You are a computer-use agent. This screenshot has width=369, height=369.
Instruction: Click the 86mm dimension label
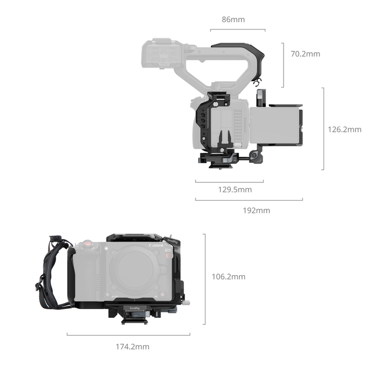(233, 20)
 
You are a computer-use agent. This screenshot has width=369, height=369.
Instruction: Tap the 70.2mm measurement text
(305, 53)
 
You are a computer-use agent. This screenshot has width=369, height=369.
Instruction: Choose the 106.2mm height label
(228, 276)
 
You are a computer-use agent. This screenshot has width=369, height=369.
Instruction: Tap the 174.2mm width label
(132, 346)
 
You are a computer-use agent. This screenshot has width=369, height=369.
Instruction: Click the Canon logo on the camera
(156, 246)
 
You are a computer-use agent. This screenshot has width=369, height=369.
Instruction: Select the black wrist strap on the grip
(50, 274)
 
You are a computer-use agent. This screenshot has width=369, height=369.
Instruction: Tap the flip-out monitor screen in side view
(274, 127)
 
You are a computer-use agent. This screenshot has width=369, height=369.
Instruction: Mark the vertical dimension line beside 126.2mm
(323, 129)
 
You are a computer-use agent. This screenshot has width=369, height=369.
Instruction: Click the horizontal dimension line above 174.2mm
(128, 335)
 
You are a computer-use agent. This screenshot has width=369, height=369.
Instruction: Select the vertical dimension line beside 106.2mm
(205, 279)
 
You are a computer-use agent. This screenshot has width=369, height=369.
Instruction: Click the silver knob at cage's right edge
(187, 303)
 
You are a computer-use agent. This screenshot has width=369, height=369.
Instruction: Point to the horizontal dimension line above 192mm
(248, 200)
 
